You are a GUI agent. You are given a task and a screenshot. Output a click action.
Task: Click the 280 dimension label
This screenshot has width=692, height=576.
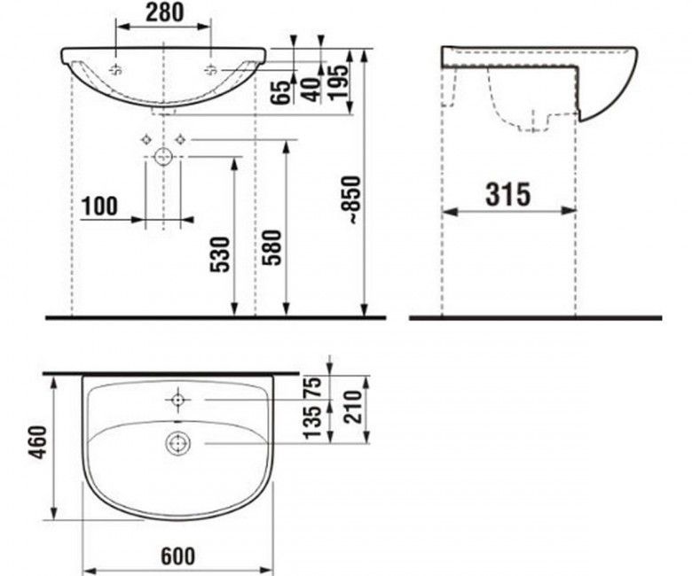pyautogui.click(x=164, y=12)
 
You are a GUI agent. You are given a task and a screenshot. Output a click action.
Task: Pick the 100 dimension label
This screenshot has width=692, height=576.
pyautogui.click(x=99, y=206)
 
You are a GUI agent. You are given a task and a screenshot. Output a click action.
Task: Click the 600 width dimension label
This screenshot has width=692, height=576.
pyautogui.click(x=177, y=556)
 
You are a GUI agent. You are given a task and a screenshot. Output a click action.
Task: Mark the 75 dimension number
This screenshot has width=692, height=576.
pyautogui.click(x=311, y=387)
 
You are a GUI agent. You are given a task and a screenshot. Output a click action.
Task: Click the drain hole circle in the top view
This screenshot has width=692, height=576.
pyautogui.click(x=177, y=442)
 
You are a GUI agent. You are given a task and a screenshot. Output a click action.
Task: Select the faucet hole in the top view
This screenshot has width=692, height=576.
pyautogui.click(x=177, y=401)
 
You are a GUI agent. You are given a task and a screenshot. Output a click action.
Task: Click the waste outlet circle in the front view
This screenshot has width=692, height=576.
pyautogui.click(x=163, y=158)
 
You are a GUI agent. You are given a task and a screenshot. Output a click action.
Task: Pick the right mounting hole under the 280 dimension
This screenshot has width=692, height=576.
pyautogui.click(x=211, y=69)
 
